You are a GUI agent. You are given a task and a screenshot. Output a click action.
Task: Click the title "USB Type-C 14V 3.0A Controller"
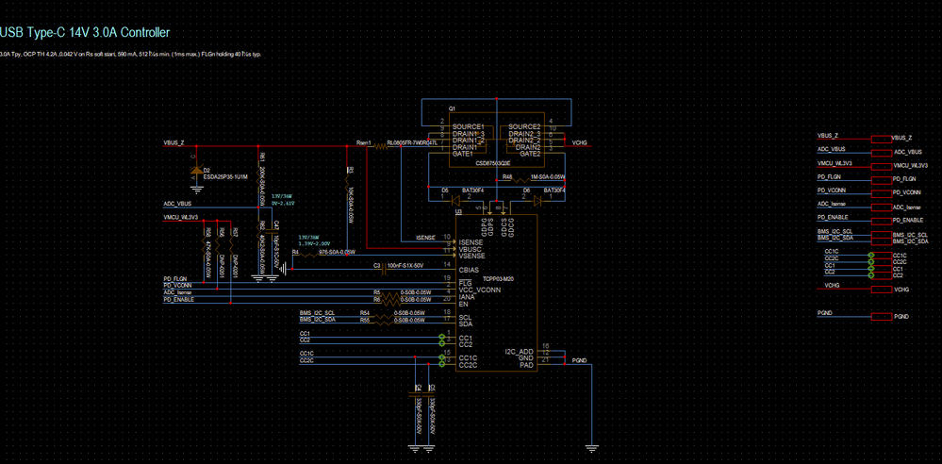click(x=85, y=32)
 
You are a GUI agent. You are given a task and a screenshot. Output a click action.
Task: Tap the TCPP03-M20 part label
click(x=497, y=279)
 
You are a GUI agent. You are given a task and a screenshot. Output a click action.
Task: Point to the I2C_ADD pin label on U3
click(x=519, y=351)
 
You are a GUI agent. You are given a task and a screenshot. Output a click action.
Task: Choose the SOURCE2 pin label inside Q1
click(x=524, y=126)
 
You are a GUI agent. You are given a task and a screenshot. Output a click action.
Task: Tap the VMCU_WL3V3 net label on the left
click(x=180, y=216)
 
